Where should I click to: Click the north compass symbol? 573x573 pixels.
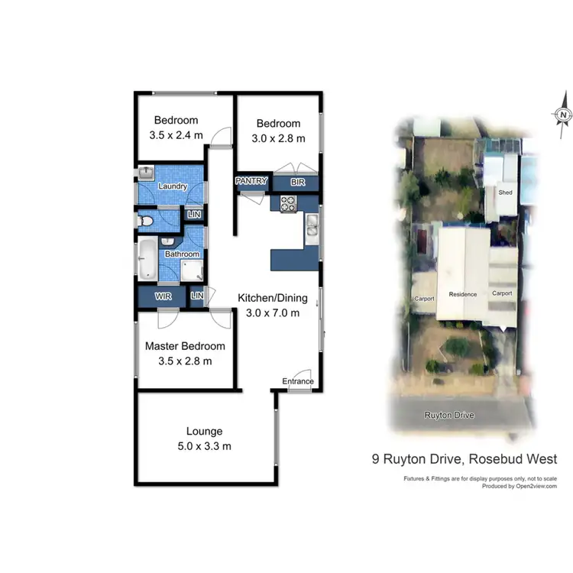(x=563, y=115)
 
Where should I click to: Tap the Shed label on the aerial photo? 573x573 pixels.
(x=505, y=193)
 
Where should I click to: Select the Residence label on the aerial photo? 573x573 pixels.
(x=462, y=294)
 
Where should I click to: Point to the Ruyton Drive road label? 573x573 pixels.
(x=449, y=415)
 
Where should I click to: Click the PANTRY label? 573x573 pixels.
(x=251, y=181)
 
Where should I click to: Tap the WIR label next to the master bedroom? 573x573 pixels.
(x=163, y=296)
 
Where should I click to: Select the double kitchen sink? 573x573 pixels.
(x=312, y=226)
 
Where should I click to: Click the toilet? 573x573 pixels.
(x=147, y=221)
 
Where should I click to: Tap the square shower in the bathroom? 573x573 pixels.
(x=191, y=270)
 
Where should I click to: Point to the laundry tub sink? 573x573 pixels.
(x=147, y=173)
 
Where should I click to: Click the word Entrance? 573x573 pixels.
(x=298, y=381)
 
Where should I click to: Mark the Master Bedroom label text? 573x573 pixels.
(x=185, y=346)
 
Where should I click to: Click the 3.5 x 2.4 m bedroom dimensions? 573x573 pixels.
(x=176, y=135)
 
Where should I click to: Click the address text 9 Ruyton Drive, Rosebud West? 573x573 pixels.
(x=464, y=459)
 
